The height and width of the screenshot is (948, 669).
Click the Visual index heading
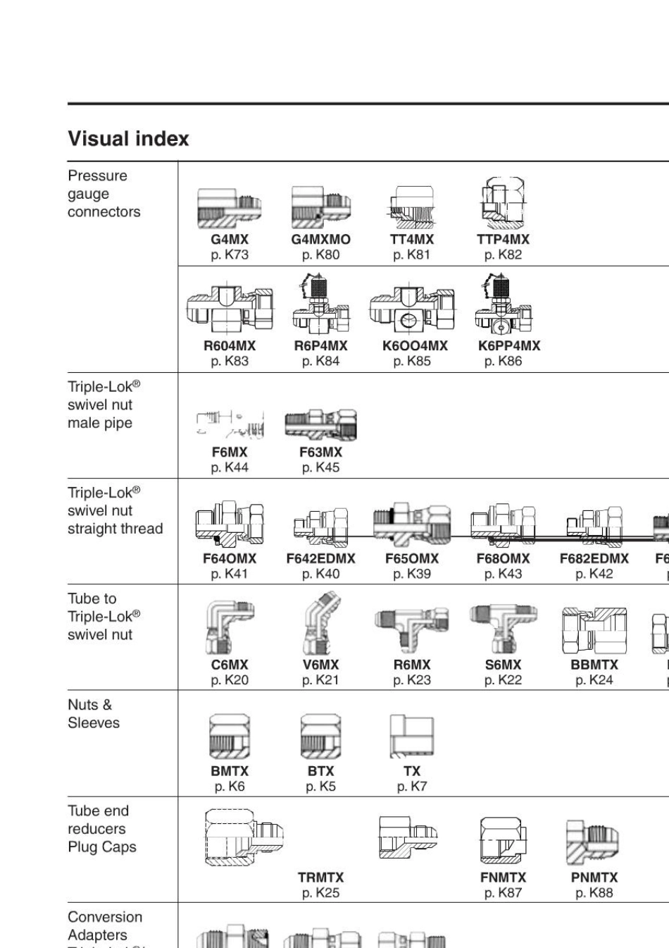(x=128, y=139)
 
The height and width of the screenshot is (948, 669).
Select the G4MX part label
(x=230, y=240)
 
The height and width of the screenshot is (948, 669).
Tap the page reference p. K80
(x=320, y=255)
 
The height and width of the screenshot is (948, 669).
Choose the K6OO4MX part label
(x=415, y=346)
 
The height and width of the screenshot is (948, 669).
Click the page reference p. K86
(x=503, y=362)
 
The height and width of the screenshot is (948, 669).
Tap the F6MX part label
(x=230, y=453)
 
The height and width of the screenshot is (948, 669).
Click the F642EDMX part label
(x=320, y=559)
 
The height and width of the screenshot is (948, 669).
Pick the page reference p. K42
(x=594, y=574)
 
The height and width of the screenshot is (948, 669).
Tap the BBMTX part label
(x=594, y=665)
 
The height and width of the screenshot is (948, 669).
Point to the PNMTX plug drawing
(x=594, y=842)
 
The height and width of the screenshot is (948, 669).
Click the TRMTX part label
(x=320, y=878)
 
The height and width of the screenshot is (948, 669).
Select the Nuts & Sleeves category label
(x=94, y=714)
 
